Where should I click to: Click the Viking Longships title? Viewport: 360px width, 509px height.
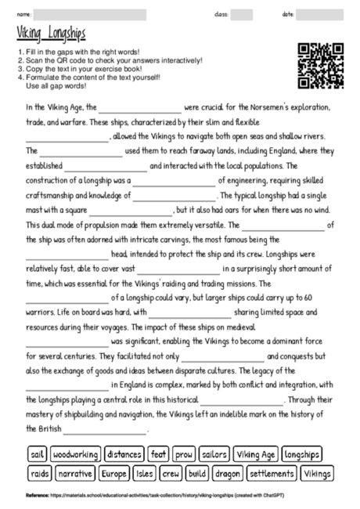point(51,34)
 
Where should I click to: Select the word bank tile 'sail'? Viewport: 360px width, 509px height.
point(37,454)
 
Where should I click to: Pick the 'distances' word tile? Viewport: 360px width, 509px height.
point(124,454)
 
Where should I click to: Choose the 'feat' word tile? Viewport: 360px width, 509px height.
point(159,454)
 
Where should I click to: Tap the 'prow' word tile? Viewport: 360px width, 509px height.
point(185,454)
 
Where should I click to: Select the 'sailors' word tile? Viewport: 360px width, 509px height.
point(214,454)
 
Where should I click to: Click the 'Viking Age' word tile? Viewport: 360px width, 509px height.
point(256,454)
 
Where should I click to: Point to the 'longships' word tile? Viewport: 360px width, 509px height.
point(302,454)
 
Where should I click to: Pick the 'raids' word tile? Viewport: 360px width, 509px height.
point(39,473)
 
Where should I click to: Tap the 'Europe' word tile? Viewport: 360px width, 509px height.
point(114,473)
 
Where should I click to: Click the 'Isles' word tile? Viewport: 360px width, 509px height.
point(145,473)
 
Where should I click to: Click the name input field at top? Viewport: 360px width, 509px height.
point(90,14)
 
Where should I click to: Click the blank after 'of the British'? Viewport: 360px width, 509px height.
point(104,430)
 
